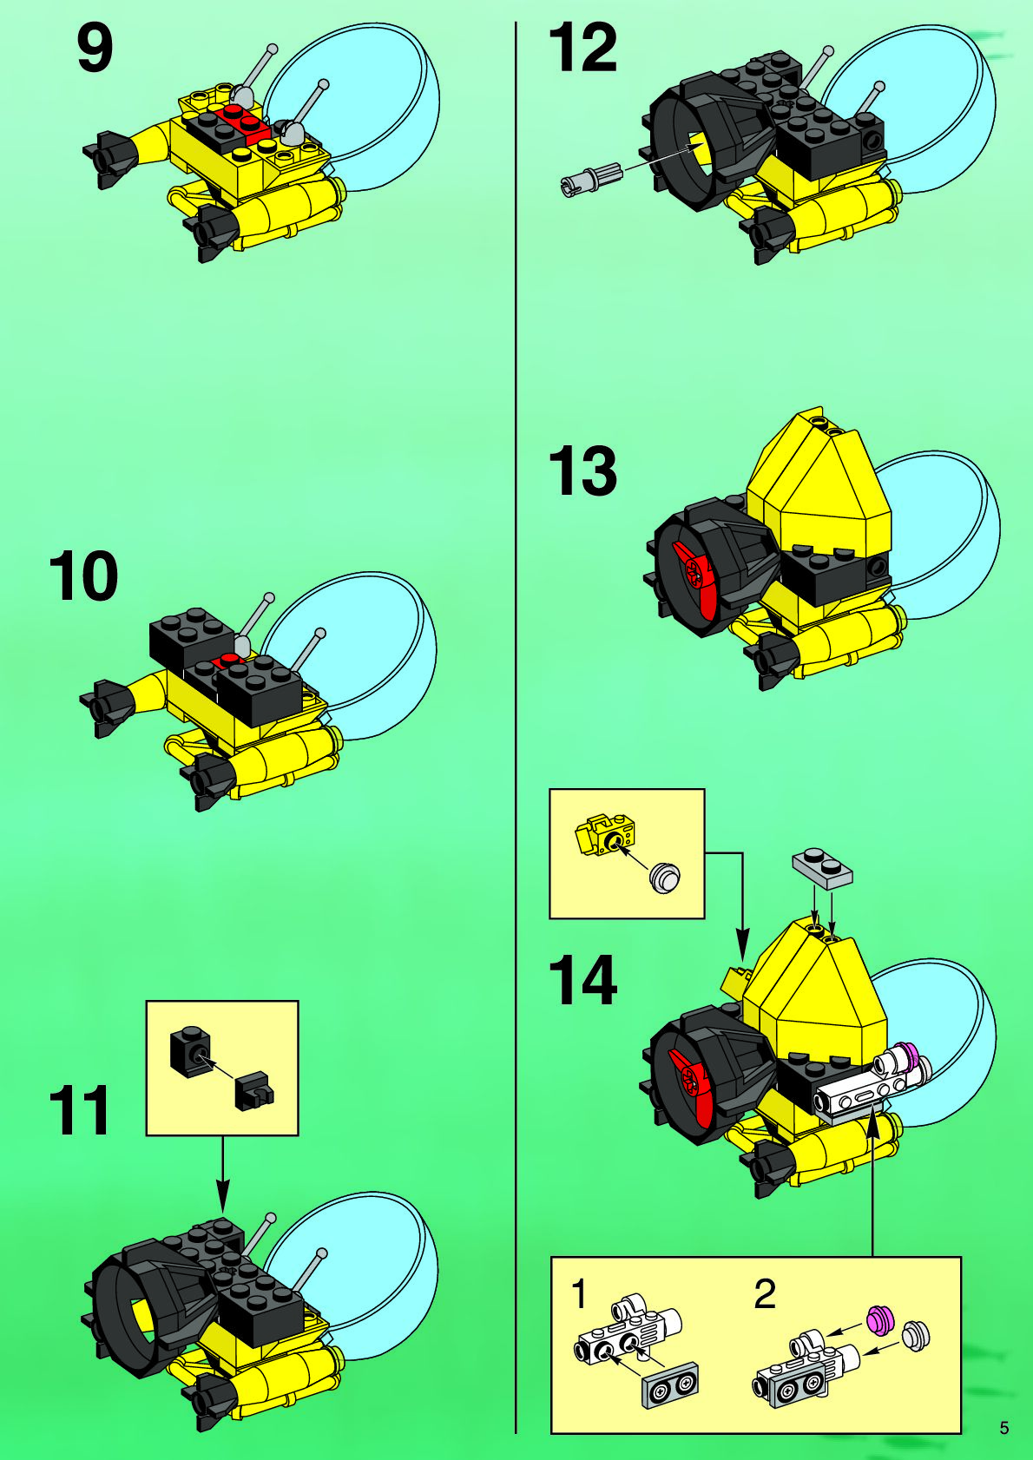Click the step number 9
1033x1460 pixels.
[x=95, y=49]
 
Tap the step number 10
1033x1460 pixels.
[x=83, y=576]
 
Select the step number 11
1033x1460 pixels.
[x=80, y=1112]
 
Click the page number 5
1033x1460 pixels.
[x=1004, y=1428]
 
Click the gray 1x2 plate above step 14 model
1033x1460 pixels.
[x=822, y=868]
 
